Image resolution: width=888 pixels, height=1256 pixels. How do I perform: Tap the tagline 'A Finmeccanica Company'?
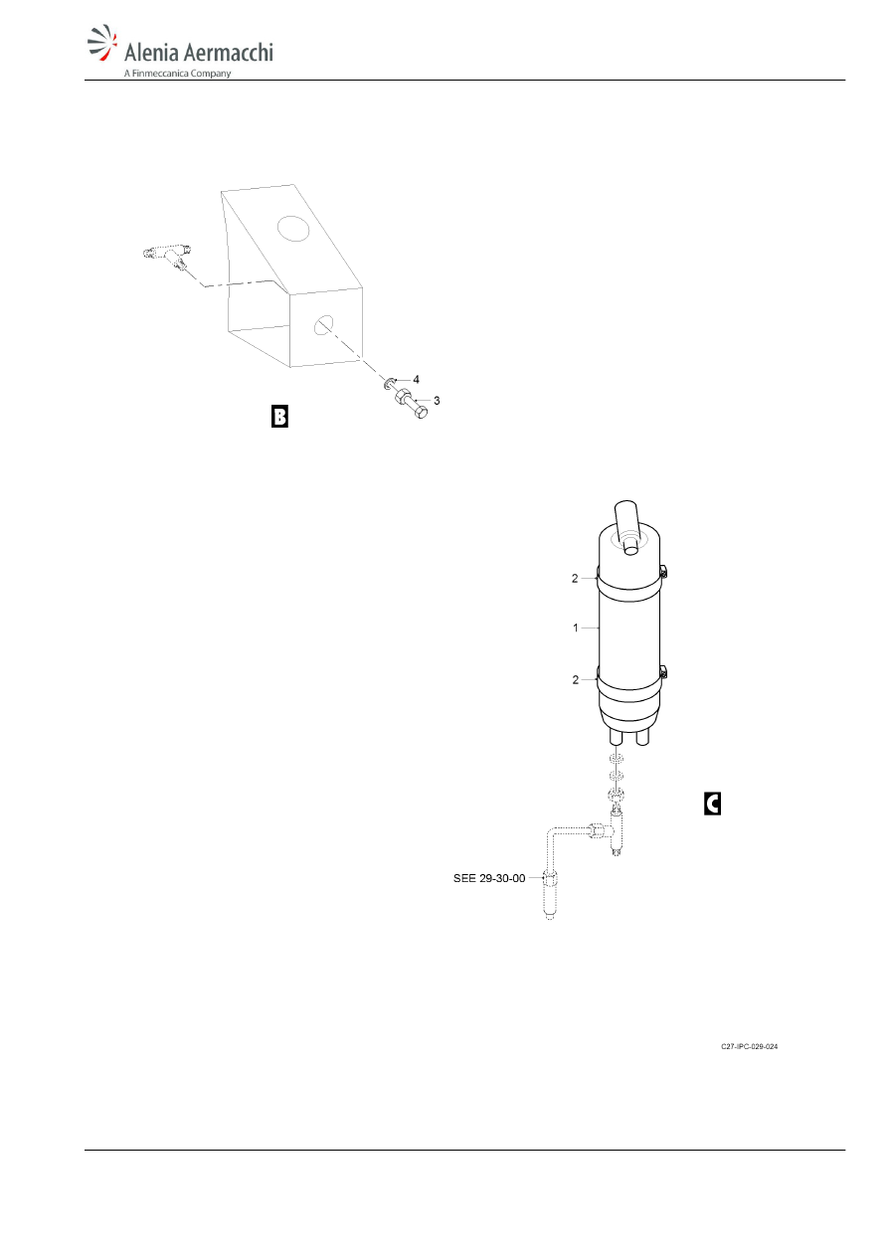[177, 74]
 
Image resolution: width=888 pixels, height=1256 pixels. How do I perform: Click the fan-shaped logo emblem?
[102, 42]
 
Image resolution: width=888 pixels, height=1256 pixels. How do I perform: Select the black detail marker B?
[279, 416]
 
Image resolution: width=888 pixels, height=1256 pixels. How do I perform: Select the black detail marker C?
[712, 804]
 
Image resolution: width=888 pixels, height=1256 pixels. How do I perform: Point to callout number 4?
[416, 380]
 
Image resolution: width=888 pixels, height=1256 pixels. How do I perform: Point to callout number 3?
[437, 401]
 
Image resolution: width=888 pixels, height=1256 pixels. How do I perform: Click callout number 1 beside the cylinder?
[575, 628]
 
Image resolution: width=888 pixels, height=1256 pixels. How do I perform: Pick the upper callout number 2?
[575, 578]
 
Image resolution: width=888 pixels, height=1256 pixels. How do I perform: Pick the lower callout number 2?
[575, 679]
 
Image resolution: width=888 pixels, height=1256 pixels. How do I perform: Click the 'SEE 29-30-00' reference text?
[489, 878]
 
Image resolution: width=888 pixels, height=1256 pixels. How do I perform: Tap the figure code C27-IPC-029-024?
[749, 1046]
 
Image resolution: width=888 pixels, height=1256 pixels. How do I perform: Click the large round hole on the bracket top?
[293, 228]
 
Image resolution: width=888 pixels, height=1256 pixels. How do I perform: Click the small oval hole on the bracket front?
[323, 325]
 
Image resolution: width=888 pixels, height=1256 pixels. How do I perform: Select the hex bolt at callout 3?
[412, 403]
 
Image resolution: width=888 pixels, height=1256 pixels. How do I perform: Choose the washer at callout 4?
[389, 384]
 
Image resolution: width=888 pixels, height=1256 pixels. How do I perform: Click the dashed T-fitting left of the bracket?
[167, 257]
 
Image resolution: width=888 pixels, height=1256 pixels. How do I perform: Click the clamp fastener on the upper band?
[663, 572]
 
